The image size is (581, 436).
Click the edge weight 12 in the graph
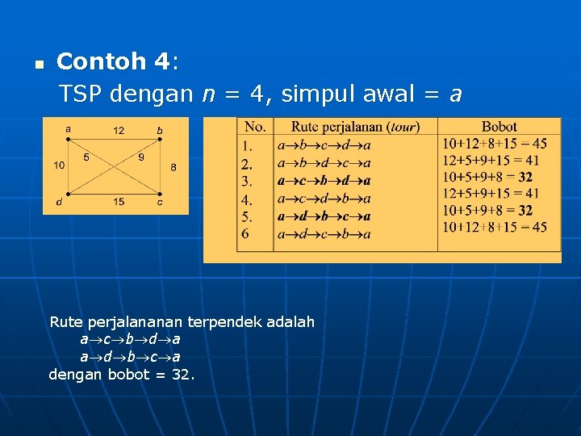119,130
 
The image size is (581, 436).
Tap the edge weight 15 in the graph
119,202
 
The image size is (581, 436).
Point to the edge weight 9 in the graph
141,157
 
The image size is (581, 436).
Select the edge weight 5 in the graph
86,157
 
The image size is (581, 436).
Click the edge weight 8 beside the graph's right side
173,167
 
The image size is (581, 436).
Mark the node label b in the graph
160,130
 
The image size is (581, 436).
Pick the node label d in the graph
59,202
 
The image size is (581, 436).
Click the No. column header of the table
255,127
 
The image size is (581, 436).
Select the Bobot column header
499,127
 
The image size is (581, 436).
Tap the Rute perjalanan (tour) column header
355,127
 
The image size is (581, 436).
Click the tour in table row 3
324,181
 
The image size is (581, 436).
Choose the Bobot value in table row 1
494,145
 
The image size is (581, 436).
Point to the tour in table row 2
324,162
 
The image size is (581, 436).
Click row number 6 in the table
245,234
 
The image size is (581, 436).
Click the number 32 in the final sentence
181,374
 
